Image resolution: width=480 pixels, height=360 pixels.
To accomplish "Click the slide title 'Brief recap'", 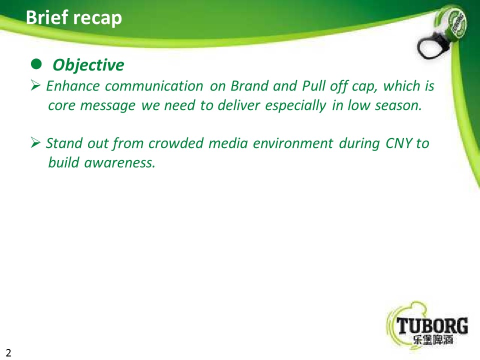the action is pyautogui.click(x=74, y=17).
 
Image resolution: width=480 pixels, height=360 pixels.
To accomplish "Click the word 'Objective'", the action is pyautogui.click(x=88, y=65).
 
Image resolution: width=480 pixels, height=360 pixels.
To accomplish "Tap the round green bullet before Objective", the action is pyautogui.click(x=36, y=64).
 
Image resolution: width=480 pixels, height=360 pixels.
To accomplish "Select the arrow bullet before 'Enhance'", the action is pyautogui.click(x=35, y=85).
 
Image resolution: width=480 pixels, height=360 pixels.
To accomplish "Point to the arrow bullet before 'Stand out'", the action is pyautogui.click(x=35, y=142).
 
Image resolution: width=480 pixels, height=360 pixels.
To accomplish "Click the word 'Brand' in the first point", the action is pyautogui.click(x=248, y=86).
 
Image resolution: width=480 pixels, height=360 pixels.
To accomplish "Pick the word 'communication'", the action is pyautogui.click(x=154, y=86).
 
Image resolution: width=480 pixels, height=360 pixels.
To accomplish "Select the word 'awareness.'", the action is pyautogui.click(x=119, y=163).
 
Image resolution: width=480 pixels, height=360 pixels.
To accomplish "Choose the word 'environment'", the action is pyautogui.click(x=292, y=143).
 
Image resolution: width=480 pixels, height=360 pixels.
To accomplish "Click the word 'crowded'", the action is pyautogui.click(x=175, y=143).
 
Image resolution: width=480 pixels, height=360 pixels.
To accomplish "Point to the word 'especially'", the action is pyautogui.click(x=295, y=106).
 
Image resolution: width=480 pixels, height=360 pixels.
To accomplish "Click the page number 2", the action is pyautogui.click(x=8, y=352).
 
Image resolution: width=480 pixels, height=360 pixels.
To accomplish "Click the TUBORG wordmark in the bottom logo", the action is pyautogui.click(x=432, y=325).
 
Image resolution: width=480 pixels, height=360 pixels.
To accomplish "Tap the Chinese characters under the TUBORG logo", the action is pyautogui.click(x=432, y=339).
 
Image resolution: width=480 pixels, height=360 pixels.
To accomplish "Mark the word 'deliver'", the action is pyautogui.click(x=239, y=105).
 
